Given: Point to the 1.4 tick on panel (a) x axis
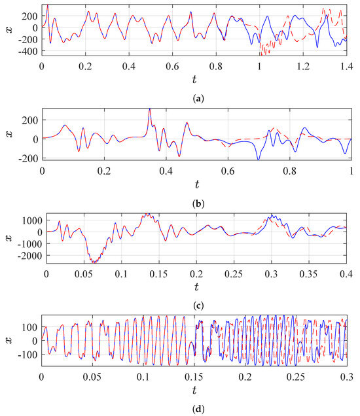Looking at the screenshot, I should coord(345,67).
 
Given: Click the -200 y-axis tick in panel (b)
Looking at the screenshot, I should coord(28,158).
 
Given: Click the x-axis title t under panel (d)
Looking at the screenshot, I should coord(194,392).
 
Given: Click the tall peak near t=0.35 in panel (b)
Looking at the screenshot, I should coord(149,109).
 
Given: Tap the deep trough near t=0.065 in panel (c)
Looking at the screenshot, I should coord(94,262).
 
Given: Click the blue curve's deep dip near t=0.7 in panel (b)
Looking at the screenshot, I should coord(259,159).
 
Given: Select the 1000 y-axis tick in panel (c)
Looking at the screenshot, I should coord(29,220).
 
